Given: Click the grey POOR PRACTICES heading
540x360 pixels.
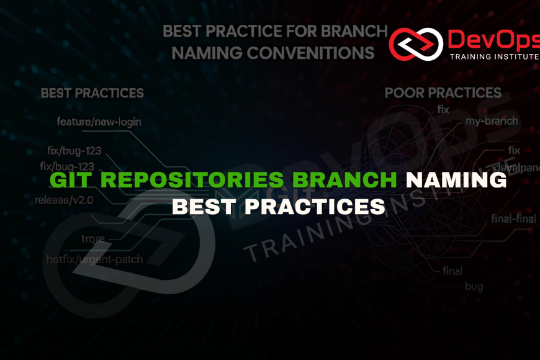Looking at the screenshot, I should tap(443, 92).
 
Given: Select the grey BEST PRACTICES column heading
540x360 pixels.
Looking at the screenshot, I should tap(92, 93).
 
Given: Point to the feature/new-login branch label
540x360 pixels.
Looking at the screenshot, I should tap(99, 122).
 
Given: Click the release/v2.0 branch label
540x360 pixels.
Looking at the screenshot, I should tap(65, 200).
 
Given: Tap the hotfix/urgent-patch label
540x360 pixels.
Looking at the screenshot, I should tap(94, 259).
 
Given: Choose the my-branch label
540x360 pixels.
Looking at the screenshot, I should tap(492, 120).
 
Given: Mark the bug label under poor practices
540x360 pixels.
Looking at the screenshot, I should tap(474, 286).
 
